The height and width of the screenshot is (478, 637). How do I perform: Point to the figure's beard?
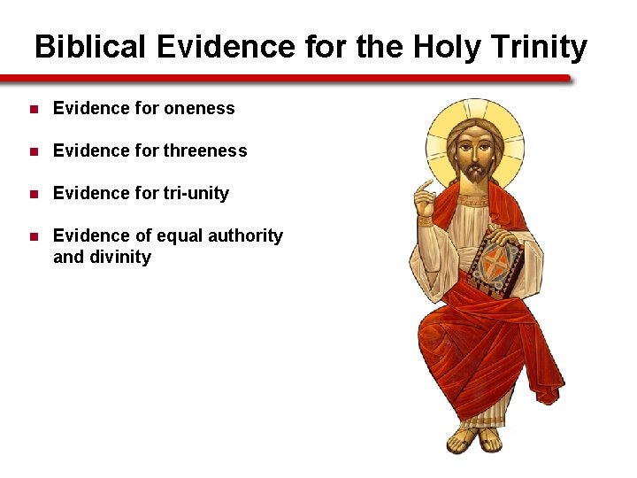[x=475, y=173]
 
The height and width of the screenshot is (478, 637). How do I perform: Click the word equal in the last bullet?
[x=175, y=235]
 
